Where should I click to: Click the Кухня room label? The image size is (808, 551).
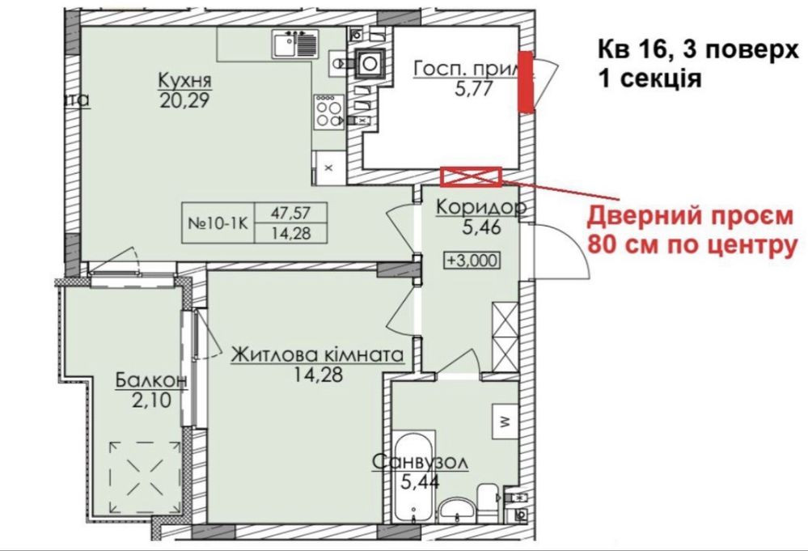click(x=185, y=81)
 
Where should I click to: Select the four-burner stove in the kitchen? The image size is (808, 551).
click(x=328, y=111)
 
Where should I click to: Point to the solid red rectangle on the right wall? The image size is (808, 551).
click(x=525, y=80)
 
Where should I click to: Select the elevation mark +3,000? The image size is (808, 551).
click(x=469, y=260)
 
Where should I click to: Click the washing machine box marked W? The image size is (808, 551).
click(x=503, y=421)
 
